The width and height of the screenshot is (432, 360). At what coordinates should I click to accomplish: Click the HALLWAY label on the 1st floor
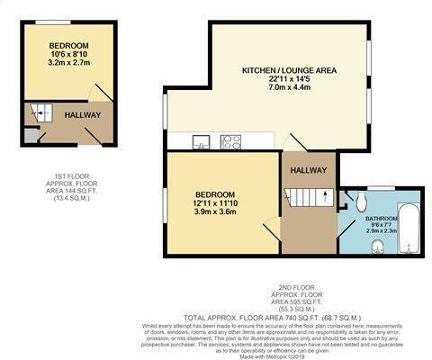click(82, 115)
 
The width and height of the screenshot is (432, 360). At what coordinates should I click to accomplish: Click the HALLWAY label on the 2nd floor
click(309, 169)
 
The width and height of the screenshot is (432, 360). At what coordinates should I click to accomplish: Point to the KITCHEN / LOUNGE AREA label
click(288, 70)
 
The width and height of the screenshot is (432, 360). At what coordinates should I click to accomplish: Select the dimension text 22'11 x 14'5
click(288, 81)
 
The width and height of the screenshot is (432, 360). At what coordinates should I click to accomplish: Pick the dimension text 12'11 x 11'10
click(216, 204)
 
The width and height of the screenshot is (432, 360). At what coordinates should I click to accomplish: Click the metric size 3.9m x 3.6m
click(216, 214)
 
